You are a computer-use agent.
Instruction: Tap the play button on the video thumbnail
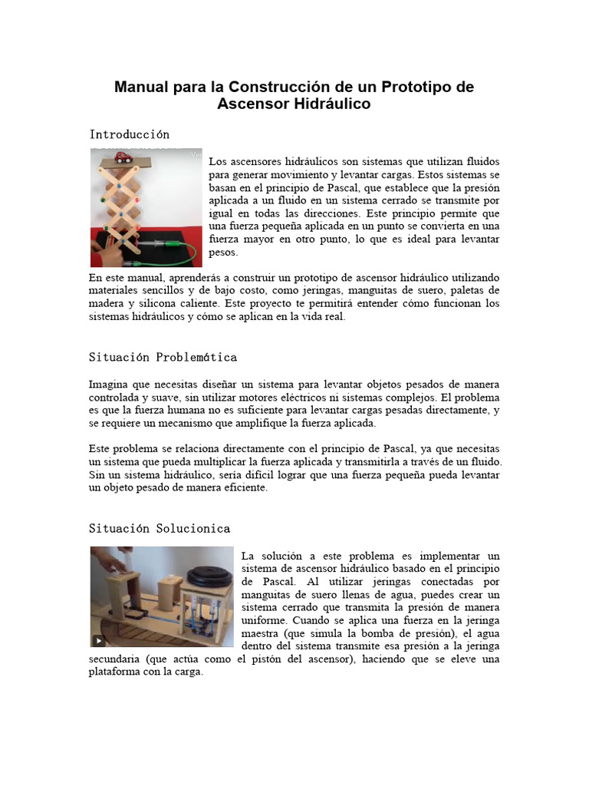(99, 640)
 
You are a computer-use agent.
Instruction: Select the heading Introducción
(130, 134)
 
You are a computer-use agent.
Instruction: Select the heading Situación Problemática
(163, 357)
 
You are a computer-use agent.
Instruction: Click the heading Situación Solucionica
(160, 528)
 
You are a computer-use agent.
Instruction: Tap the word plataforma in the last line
(115, 672)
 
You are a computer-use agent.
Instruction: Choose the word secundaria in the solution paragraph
(117, 659)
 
